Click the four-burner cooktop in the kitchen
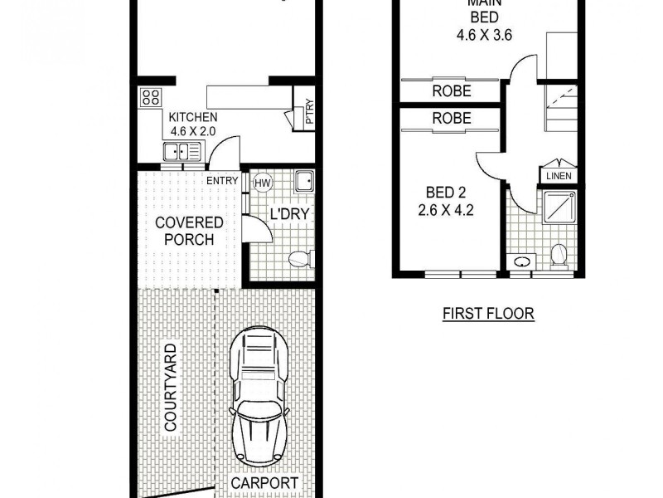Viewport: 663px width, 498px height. click(151, 98)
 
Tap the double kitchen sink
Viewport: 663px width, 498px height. click(181, 151)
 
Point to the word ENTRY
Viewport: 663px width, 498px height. click(222, 181)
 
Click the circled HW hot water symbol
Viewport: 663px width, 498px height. click(263, 183)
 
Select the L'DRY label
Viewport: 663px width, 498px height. click(289, 214)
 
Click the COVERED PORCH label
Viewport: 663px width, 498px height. click(189, 231)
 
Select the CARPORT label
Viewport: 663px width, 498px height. click(264, 483)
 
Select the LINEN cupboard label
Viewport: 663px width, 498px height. click(561, 176)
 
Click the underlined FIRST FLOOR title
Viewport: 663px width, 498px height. click(487, 314)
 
